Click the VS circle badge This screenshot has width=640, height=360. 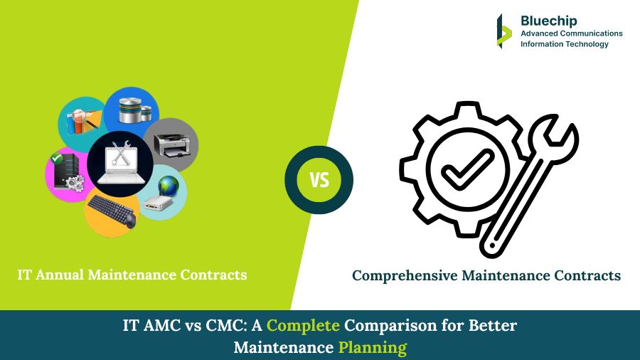(319, 180)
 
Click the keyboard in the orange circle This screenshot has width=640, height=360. (111, 211)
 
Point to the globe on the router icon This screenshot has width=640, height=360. (169, 186)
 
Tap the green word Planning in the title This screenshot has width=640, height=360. (372, 348)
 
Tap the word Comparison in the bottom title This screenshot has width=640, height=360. (389, 327)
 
